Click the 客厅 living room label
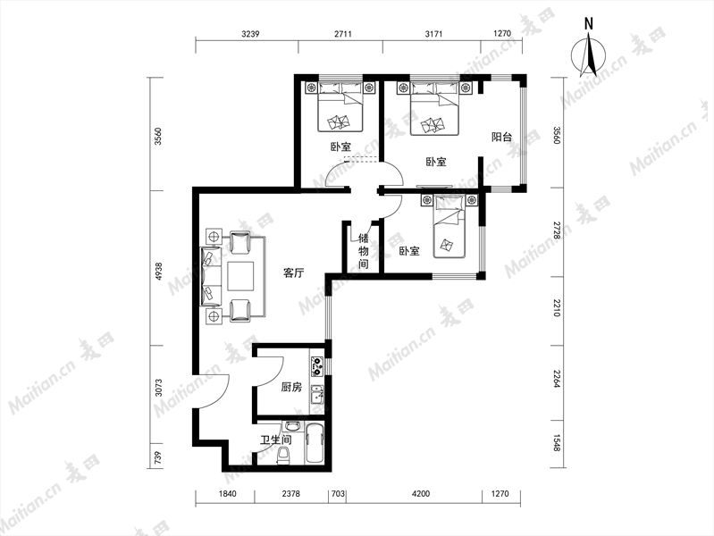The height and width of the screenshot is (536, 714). point(293,273)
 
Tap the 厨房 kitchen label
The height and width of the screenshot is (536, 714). point(291,388)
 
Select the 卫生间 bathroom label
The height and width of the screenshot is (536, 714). point(276,440)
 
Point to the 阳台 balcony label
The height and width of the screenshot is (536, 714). point(502,137)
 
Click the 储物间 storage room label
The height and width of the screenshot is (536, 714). point(364,251)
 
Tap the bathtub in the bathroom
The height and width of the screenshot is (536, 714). point(315,444)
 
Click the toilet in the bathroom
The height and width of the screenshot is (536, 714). point(283,456)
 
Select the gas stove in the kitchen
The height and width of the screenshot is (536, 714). point(317,366)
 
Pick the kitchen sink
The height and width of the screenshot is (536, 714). point(316,394)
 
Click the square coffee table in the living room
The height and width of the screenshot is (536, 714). point(241,276)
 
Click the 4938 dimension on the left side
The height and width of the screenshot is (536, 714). point(158,272)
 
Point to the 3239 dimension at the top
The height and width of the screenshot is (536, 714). point(250,34)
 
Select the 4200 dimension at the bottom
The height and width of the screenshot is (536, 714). point(420,494)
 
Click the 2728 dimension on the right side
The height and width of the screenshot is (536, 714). point(556,231)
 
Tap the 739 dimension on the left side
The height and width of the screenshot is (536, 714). point(158,456)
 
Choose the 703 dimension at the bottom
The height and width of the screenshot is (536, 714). point(339,494)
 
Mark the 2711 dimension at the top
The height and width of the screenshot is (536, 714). point(343,34)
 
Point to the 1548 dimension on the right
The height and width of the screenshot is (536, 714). point(556,443)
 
